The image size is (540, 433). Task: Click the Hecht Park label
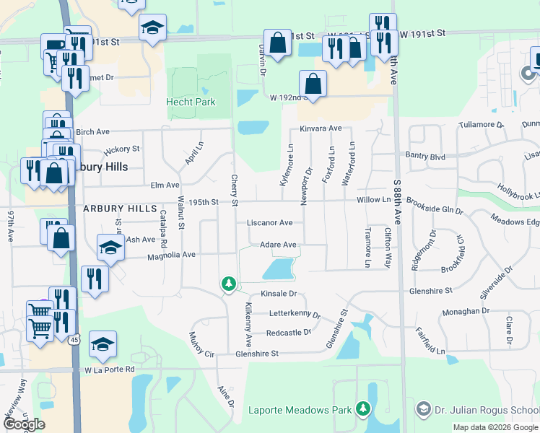(x=191, y=102)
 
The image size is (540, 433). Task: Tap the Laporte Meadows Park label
(x=300, y=411)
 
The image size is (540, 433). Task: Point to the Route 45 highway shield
(x=74, y=339)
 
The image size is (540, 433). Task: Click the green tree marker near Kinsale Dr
(x=229, y=285)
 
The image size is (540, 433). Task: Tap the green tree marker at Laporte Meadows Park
(x=365, y=410)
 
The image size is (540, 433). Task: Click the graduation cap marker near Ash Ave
(x=110, y=248)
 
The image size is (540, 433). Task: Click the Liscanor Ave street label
(x=270, y=223)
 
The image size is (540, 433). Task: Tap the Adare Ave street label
(x=278, y=245)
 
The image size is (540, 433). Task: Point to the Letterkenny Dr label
(x=295, y=314)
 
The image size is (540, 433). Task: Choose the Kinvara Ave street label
(x=321, y=128)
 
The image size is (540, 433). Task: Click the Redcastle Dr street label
(x=288, y=333)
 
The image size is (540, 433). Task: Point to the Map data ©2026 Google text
(x=495, y=427)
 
